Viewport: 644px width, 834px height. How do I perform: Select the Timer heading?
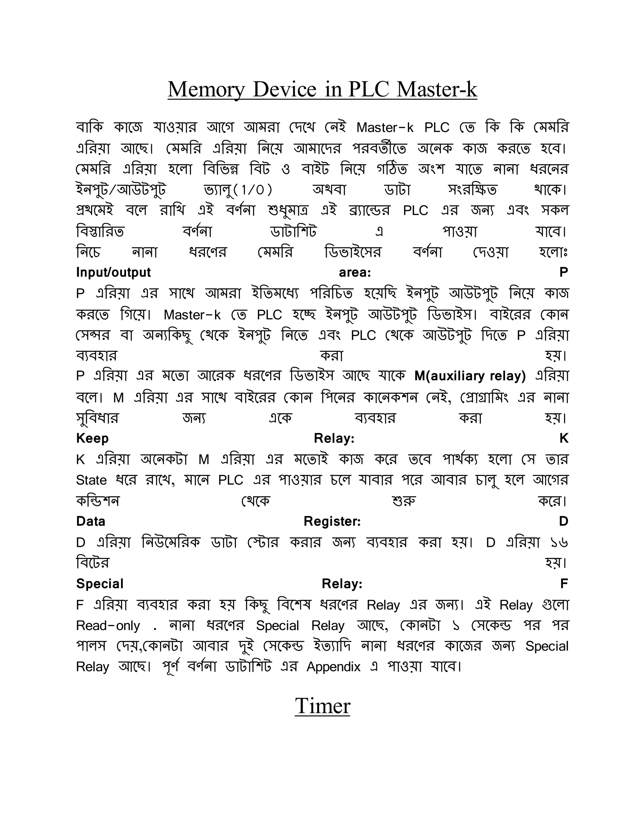322,706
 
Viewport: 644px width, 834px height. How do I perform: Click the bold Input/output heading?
113,272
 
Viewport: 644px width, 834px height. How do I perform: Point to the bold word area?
355,272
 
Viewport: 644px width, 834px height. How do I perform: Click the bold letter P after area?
563,272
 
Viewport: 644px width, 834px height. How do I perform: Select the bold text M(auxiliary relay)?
470,376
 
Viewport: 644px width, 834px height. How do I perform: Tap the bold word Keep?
92,438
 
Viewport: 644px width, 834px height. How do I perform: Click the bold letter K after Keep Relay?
564,438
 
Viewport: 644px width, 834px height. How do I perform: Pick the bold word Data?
91,521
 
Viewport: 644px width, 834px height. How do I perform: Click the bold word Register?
332,521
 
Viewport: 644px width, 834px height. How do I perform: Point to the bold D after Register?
563,521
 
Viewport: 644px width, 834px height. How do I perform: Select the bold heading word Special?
100,583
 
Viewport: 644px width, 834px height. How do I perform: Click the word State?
91,480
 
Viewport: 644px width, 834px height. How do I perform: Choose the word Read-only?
108,626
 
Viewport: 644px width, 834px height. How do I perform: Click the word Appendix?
333,667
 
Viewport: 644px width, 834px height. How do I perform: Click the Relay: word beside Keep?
334,438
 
